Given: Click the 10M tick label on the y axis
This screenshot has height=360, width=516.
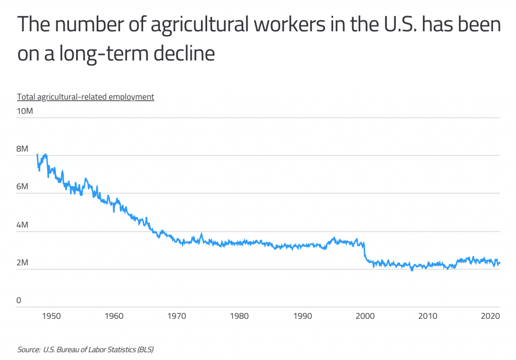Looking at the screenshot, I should [25, 111].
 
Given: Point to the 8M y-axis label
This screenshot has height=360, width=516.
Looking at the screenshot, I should [23, 149].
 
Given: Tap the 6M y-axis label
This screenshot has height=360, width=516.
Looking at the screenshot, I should [23, 187].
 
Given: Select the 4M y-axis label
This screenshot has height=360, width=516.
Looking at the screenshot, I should [23, 225].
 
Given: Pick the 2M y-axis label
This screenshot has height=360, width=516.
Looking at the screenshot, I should [23, 263].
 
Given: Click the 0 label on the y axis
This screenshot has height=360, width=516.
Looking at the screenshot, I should [19, 301].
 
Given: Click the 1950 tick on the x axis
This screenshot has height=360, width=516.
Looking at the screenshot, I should [51, 316].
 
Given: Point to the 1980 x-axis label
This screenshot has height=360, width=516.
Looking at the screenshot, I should [239, 316].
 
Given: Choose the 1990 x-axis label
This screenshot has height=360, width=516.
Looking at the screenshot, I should [302, 316].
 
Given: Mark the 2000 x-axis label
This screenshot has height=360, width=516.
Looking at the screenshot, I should [364, 316].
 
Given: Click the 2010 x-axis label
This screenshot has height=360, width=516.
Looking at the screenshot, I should [427, 316].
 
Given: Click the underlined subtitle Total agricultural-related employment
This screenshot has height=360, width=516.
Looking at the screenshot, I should [86, 97].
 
